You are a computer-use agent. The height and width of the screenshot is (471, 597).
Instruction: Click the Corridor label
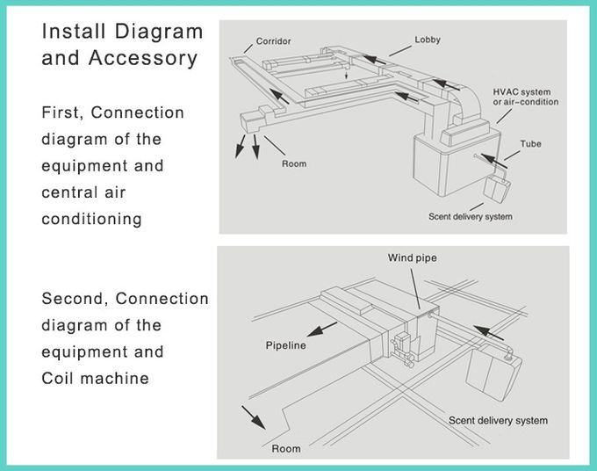click(273, 41)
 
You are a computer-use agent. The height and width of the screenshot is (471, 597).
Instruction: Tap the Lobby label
click(428, 40)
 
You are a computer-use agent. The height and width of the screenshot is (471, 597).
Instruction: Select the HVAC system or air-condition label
click(525, 97)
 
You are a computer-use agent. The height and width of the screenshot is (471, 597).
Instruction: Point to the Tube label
click(531, 143)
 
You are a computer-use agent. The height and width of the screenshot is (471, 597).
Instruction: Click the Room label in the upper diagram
click(294, 163)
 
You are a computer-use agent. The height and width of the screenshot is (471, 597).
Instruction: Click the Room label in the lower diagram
click(286, 448)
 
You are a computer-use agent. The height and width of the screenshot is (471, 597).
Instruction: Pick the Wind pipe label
click(413, 258)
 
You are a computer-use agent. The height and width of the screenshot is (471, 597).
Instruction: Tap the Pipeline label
click(285, 345)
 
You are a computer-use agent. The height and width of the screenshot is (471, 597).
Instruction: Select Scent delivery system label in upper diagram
click(471, 216)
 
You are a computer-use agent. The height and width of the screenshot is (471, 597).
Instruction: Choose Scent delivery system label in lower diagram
click(498, 420)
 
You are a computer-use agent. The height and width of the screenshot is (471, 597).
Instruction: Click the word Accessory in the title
click(143, 59)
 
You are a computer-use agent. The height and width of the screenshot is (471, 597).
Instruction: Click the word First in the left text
click(62, 112)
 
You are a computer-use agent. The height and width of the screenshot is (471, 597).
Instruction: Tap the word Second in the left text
click(72, 299)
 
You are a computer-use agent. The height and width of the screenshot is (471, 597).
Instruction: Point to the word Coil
click(57, 379)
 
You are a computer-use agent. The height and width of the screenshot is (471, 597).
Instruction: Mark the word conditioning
click(92, 220)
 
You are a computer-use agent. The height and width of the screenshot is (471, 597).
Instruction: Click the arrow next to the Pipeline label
click(321, 330)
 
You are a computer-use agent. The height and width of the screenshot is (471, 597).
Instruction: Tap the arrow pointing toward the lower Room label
click(254, 417)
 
